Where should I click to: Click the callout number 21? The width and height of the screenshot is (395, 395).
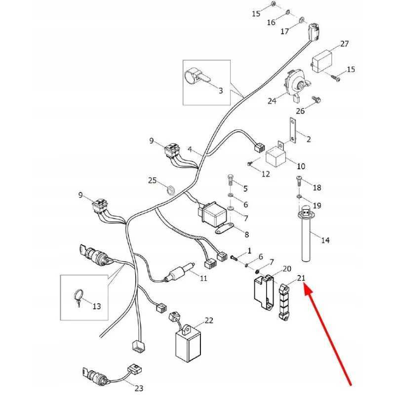tap(301, 278)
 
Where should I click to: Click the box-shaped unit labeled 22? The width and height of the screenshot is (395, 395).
tap(187, 343)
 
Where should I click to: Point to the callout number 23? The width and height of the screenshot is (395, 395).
tap(139, 388)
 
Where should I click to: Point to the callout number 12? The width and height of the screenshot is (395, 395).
tap(266, 174)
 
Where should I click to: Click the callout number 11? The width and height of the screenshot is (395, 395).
tap(203, 278)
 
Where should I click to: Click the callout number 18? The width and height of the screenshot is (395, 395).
tap(316, 188)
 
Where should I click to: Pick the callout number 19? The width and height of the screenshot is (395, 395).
tap(316, 205)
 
